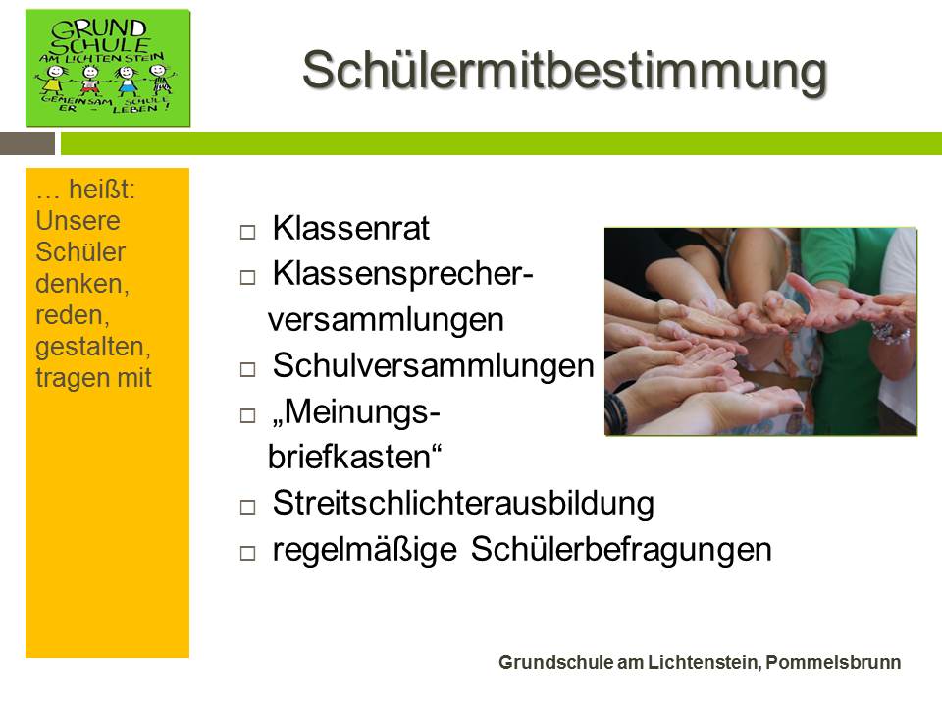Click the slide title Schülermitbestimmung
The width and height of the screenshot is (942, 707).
pyautogui.click(x=565, y=71)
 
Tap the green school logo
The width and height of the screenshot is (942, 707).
pyautogui.click(x=108, y=68)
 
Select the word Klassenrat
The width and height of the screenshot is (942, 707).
pyautogui.click(x=351, y=228)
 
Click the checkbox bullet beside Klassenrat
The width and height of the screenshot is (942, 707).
pyautogui.click(x=247, y=232)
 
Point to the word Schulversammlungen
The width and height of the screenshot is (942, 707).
pyautogui.click(x=433, y=365)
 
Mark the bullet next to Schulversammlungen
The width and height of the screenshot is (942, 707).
pyautogui.click(x=247, y=369)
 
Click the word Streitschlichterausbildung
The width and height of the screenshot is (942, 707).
pyautogui.click(x=463, y=503)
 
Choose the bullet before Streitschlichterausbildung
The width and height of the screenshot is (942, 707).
pyautogui.click(x=247, y=507)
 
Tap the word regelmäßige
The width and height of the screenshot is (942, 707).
pyautogui.click(x=365, y=550)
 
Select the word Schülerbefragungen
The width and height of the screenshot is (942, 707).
pyautogui.click(x=621, y=550)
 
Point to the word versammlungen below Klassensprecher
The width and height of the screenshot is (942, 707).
pyautogui.click(x=386, y=320)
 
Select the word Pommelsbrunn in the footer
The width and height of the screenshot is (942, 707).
pyautogui.click(x=833, y=662)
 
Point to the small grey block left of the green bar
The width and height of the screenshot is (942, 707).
pyautogui.click(x=27, y=143)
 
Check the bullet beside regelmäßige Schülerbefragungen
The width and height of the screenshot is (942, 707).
pyautogui.click(x=247, y=553)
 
